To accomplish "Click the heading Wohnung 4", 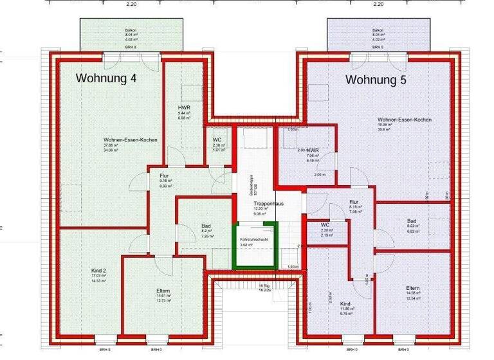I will tap(106, 78).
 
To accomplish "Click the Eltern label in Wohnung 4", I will tap(163, 291).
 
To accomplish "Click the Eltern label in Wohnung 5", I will tap(413, 287).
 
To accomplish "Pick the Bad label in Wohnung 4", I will tap(206, 226).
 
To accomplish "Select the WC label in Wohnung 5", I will tap(325, 224).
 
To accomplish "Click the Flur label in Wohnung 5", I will tap(354, 202).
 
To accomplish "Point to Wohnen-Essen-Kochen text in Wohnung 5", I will tap(404, 120).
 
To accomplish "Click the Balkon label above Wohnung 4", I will tap(131, 30).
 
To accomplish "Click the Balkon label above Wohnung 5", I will tap(378, 30).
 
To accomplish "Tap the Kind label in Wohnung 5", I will tap(345, 303).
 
